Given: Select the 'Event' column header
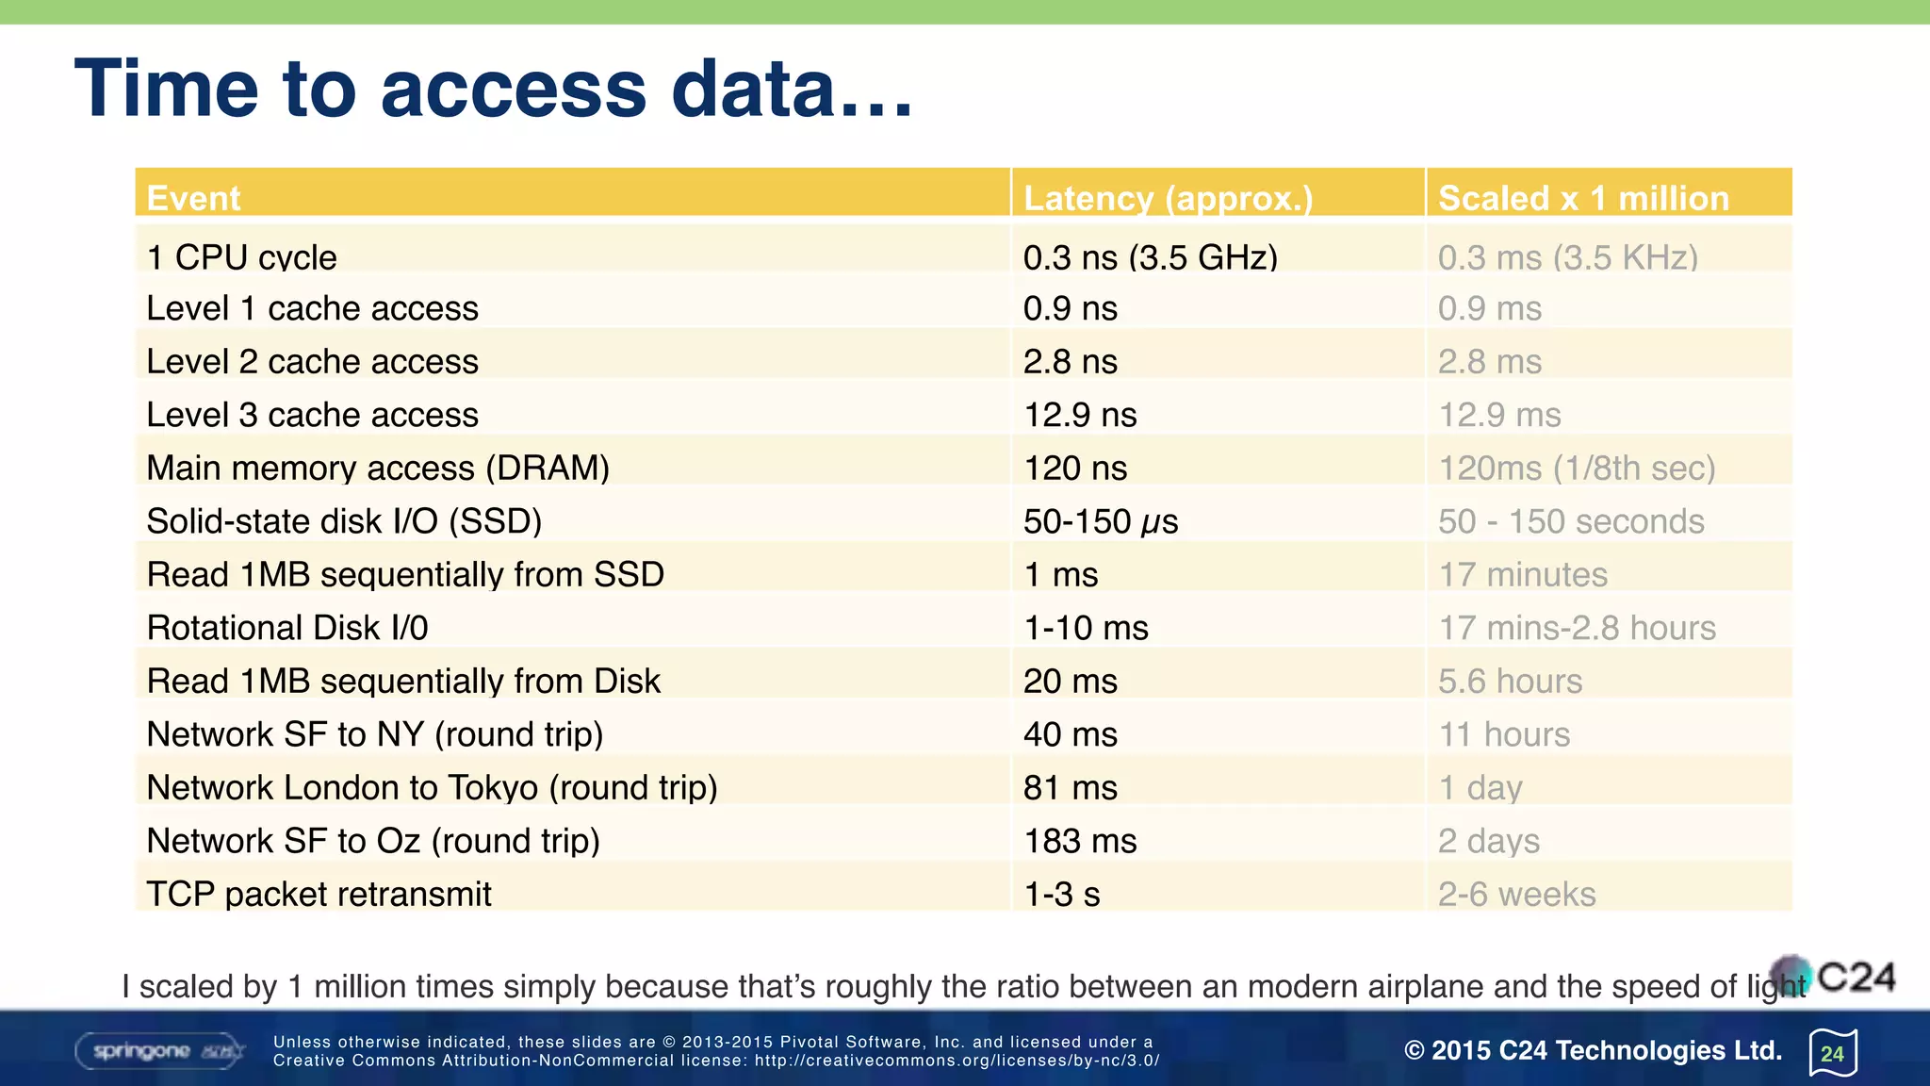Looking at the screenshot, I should pos(193,198).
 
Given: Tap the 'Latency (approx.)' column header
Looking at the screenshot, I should pos(1168,198).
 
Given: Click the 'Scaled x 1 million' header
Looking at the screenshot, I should pos(1583,198).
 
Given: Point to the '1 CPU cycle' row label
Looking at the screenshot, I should pos(241,257).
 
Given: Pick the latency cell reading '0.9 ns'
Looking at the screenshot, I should pos(1071,308).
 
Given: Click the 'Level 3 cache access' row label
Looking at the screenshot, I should pos(312,415).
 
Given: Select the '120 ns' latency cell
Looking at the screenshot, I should pos(1075,468).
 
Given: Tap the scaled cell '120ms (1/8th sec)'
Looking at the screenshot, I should pos(1577,468).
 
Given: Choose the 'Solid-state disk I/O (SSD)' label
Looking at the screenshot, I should pos(344,521).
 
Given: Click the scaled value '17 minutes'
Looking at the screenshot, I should pos(1523,574).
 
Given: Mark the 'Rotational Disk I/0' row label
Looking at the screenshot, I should pos(287,628).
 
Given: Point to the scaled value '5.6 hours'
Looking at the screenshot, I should pos(1510,681).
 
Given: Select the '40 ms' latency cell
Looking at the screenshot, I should pos(1071,734).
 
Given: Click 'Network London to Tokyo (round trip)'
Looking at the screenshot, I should pos(432,787).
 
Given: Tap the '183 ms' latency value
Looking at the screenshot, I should pos(1080,841).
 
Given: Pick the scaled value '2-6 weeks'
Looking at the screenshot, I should pos(1516,894).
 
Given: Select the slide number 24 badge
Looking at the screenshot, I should pos(1833,1053).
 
